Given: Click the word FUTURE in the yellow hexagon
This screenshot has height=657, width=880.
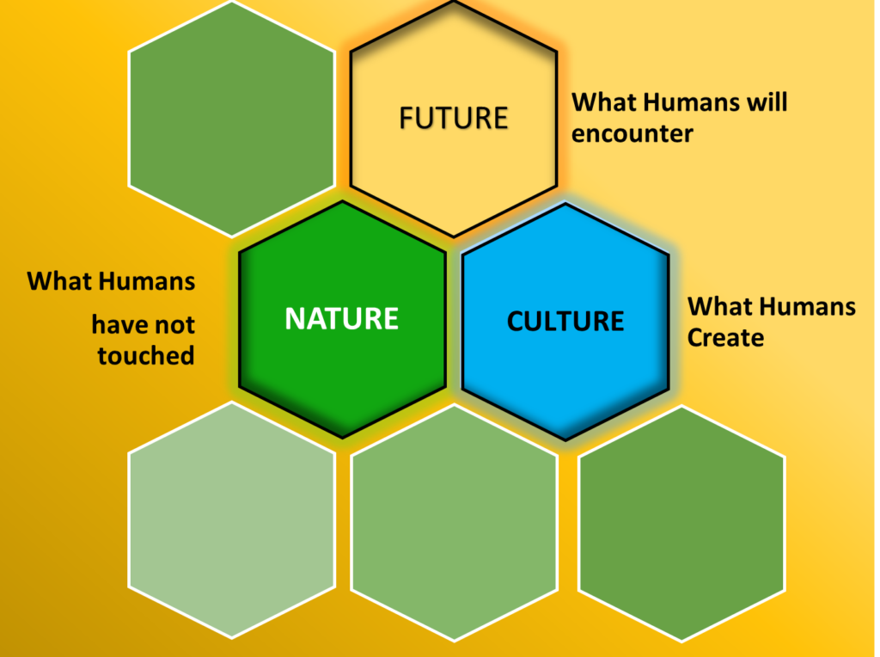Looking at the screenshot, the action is [x=454, y=118].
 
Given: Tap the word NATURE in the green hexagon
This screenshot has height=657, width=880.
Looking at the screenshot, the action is [x=341, y=318].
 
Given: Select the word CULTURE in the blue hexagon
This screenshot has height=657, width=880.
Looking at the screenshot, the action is [x=565, y=322].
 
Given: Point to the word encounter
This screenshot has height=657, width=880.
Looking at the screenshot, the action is [x=632, y=133].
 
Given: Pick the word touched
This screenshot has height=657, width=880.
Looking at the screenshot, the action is [x=146, y=355].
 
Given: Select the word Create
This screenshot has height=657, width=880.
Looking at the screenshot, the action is [x=725, y=337].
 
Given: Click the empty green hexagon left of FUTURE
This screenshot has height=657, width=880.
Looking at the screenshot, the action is [x=232, y=119].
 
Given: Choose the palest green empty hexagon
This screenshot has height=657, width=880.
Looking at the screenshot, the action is [x=232, y=520].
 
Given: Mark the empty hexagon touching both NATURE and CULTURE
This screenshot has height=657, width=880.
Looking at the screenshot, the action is [x=454, y=523].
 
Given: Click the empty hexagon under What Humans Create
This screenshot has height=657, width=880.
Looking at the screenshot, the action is [x=681, y=524].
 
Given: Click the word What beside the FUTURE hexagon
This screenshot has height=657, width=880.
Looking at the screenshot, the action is [x=606, y=102].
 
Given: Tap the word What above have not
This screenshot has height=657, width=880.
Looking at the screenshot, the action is [x=62, y=280].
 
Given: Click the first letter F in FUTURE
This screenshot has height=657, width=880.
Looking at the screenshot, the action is [x=406, y=118].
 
